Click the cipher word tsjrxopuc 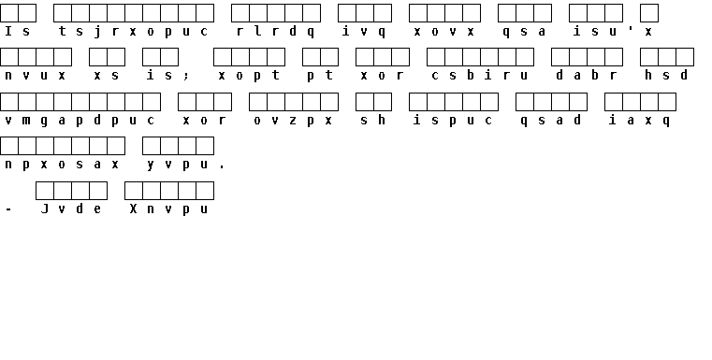point(134,31)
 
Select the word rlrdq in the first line point(276,31)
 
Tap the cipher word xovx point(444,31)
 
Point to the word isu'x point(613,31)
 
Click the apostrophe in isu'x point(631,28)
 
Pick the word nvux point(35,76)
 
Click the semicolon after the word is point(186,76)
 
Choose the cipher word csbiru point(480,75)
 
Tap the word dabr point(587,75)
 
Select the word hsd point(666,75)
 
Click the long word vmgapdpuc point(80,121)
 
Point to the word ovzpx point(293,121)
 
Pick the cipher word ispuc point(453,121)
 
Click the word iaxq point(639,121)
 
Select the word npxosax point(62,165)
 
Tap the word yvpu point(178,165)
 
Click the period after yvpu point(222,168)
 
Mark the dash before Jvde point(8,209)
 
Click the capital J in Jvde point(45,209)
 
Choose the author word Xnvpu point(168,209)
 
